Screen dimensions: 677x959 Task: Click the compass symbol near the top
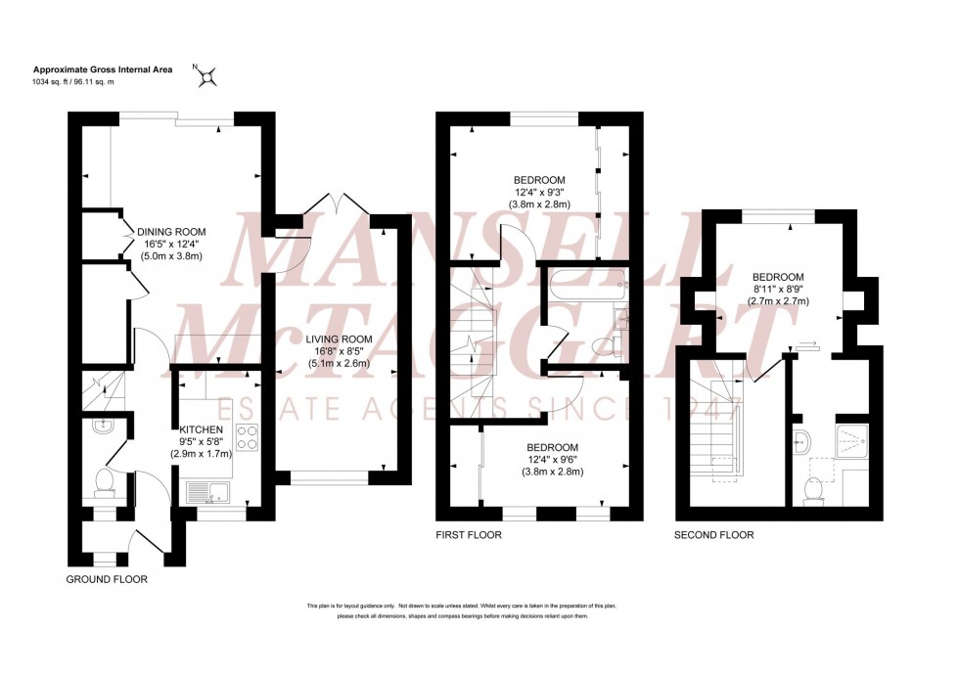(207, 74)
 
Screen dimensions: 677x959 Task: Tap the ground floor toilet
(101, 481)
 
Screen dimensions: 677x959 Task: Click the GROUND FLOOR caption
(107, 579)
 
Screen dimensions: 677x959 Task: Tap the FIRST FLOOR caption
(469, 535)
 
